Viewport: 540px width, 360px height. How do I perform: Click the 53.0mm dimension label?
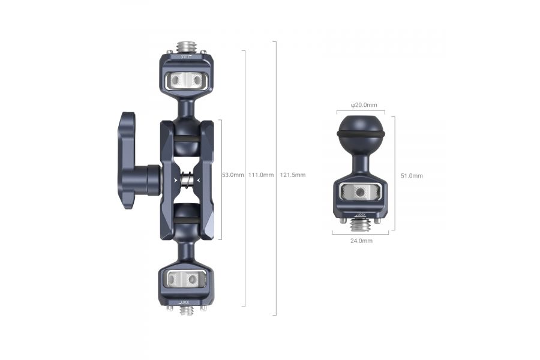pos(233,175)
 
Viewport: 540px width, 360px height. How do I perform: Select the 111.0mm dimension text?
pos(261,175)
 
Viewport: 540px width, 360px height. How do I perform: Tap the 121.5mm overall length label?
pos(293,175)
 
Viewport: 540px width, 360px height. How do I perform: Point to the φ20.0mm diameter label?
pos(364,106)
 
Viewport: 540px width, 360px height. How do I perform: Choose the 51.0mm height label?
pos(412,176)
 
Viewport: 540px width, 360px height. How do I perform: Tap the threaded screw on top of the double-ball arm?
pos(185,47)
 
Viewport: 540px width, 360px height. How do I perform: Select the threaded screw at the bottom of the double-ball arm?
pos(186,310)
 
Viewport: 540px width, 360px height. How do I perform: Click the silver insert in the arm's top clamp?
pos(185,79)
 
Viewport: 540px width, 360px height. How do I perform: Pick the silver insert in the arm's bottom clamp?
pos(185,278)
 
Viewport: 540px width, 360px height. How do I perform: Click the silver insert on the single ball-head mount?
pos(360,192)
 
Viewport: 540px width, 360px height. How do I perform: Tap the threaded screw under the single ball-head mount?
pos(360,226)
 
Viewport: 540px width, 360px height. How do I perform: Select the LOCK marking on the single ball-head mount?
pos(361,214)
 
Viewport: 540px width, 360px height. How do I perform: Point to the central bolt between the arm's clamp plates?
pos(186,179)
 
